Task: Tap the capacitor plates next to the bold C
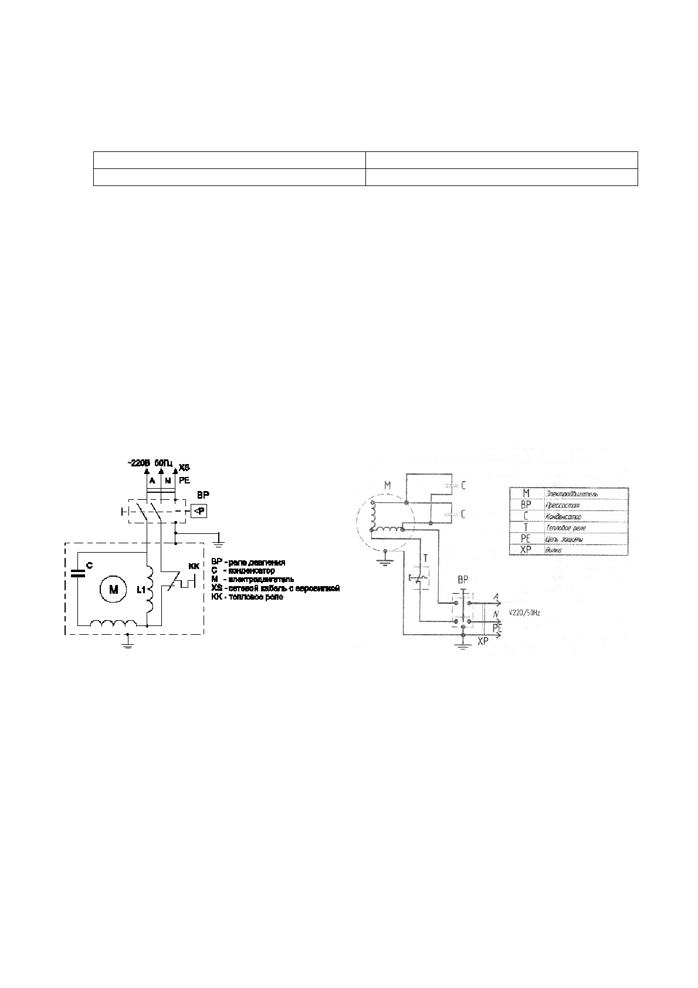click(77, 573)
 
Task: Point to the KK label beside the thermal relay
click(194, 566)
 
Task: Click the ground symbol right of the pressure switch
click(219, 537)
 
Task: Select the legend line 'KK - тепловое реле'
click(247, 597)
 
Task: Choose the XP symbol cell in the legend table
click(526, 550)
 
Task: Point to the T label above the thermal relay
click(425, 559)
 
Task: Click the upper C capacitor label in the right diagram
click(463, 486)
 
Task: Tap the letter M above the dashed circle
click(386, 486)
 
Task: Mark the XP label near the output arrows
click(482, 642)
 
